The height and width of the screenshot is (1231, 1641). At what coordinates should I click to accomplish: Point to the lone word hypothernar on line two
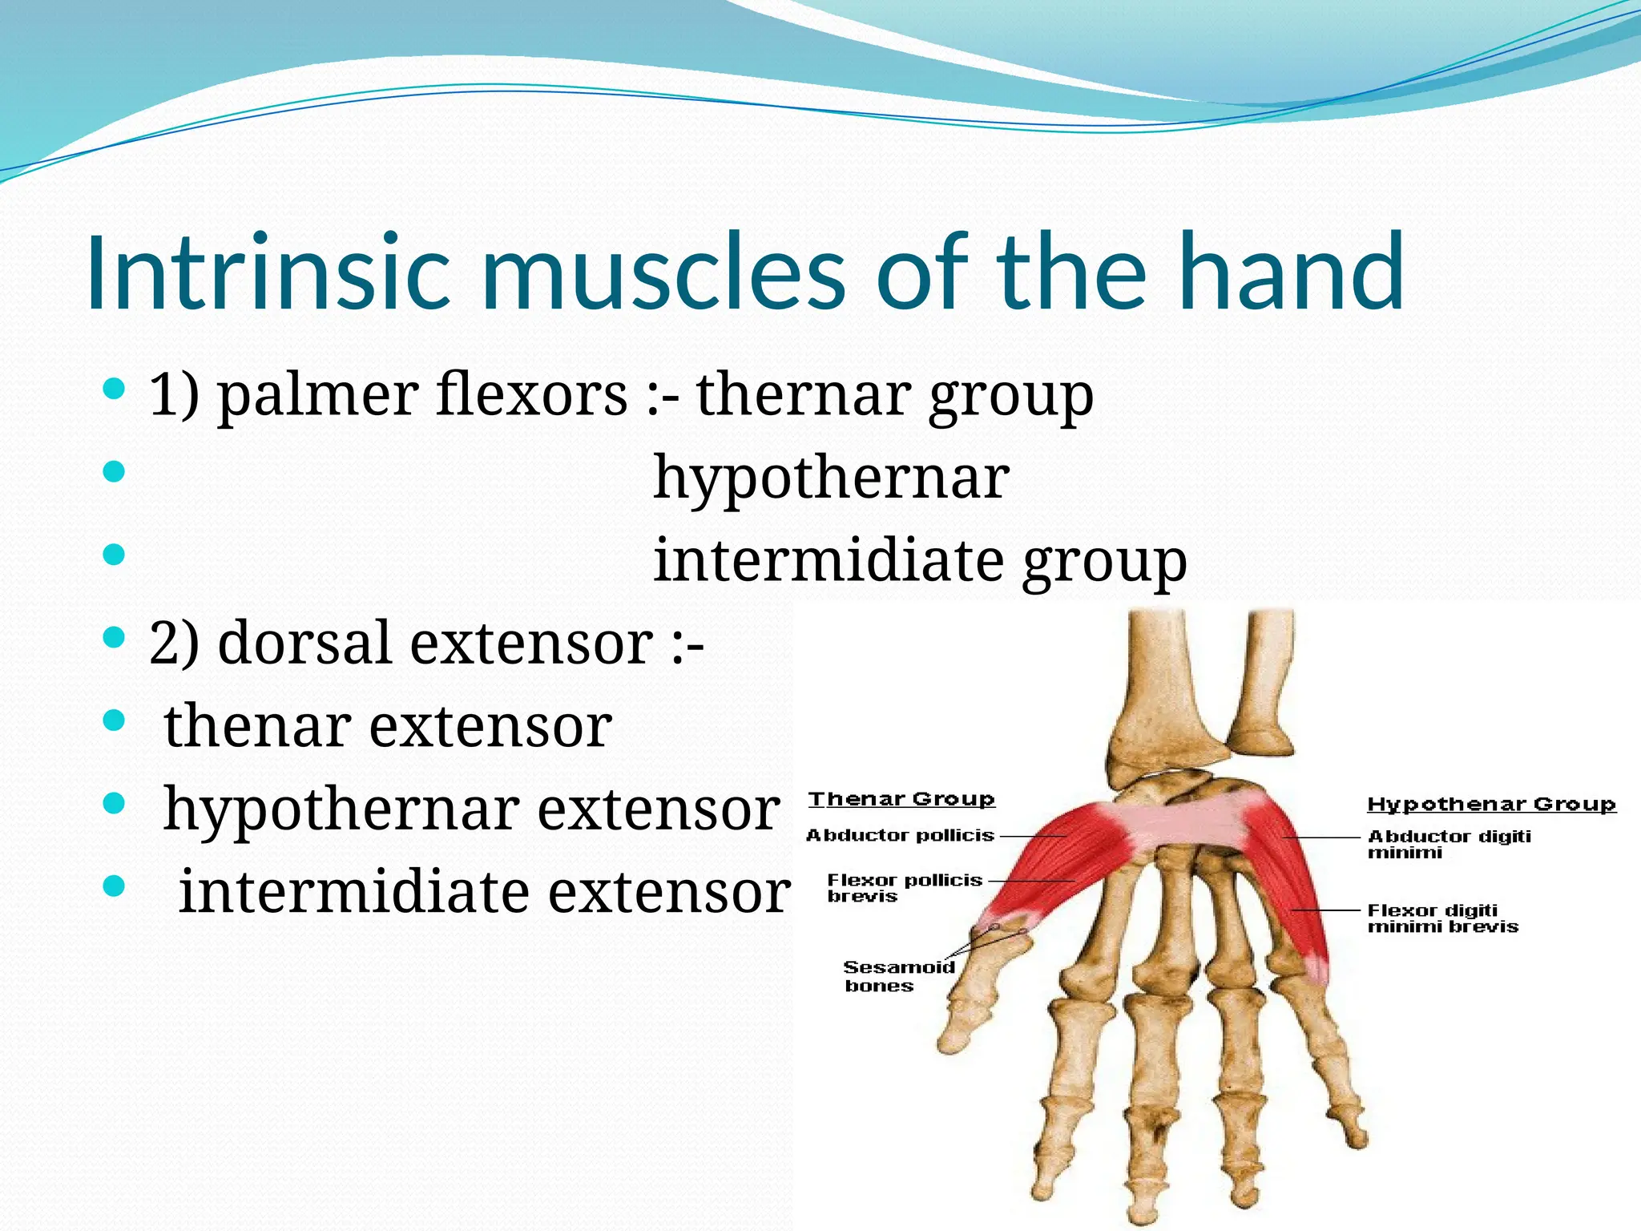point(831,478)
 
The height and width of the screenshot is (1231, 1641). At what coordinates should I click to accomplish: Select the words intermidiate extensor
point(484,892)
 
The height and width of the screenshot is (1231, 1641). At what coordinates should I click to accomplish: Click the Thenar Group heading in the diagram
point(901,799)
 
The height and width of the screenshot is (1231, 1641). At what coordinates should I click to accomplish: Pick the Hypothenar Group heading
point(1491,804)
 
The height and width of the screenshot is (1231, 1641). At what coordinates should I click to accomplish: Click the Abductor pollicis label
point(900,835)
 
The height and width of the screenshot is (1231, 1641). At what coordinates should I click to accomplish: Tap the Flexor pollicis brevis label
point(904,887)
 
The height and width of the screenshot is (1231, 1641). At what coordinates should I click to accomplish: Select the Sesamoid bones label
point(899,975)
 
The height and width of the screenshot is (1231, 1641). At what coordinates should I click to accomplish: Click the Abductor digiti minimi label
point(1449,843)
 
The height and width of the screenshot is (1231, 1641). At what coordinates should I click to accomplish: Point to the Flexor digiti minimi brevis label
point(1442,918)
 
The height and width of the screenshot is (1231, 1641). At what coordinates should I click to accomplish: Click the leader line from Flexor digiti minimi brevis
point(1326,910)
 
